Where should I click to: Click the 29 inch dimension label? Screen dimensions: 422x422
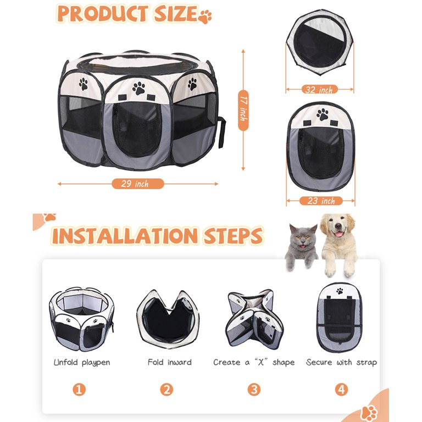click(137, 184)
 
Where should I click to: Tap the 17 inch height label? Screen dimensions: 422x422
click(243, 110)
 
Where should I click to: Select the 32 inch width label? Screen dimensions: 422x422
click(319, 90)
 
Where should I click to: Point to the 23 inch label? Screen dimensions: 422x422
click(321, 201)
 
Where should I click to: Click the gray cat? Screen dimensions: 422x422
click(302, 246)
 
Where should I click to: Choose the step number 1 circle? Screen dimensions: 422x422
click(79, 390)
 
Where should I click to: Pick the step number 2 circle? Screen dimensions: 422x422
click(166, 390)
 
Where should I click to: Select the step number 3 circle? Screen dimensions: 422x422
click(254, 390)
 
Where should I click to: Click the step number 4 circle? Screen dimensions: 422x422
click(341, 390)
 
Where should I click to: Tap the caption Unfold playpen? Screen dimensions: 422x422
click(82, 363)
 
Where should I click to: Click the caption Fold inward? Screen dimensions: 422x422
click(170, 362)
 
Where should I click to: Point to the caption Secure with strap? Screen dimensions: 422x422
click(341, 363)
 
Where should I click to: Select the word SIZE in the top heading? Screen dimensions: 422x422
click(175, 13)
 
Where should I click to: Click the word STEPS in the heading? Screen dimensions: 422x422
click(233, 236)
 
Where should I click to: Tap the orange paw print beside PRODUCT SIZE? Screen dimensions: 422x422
click(205, 16)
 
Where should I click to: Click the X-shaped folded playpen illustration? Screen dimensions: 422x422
click(254, 319)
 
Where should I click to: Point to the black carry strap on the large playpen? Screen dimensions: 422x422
click(221, 132)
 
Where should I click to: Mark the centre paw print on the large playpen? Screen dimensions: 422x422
click(139, 88)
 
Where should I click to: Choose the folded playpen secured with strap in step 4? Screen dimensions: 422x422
click(340, 318)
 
